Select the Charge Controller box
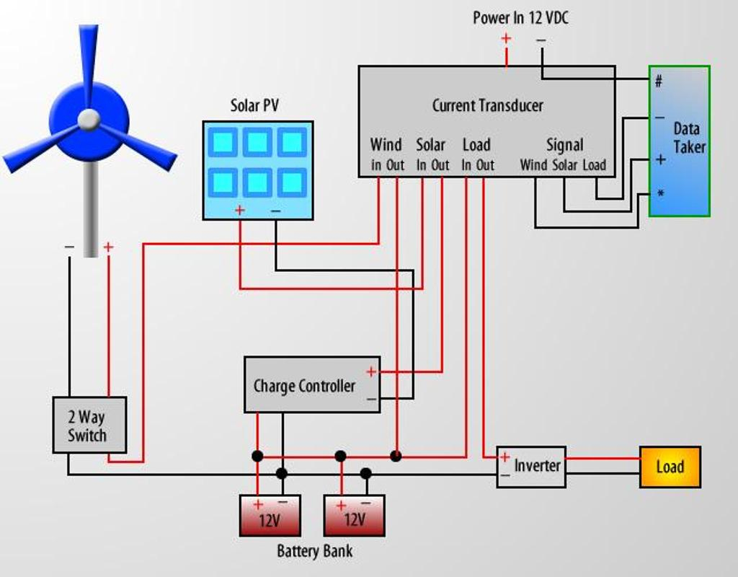click(x=311, y=385)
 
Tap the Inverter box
click(x=532, y=466)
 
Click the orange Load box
click(x=670, y=467)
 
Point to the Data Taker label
click(x=688, y=138)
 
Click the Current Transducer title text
click(x=487, y=105)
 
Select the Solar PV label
click(x=254, y=106)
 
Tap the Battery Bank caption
click(x=315, y=552)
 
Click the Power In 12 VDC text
click(x=520, y=18)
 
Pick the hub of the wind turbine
click(x=89, y=120)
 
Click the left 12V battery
click(x=270, y=516)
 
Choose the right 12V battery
click(x=354, y=516)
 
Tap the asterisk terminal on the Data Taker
click(x=659, y=194)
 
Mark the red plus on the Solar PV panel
click(x=240, y=211)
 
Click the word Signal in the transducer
click(x=564, y=145)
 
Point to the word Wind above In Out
click(x=386, y=145)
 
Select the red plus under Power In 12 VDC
click(x=506, y=38)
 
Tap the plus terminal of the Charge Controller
click(x=370, y=372)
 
